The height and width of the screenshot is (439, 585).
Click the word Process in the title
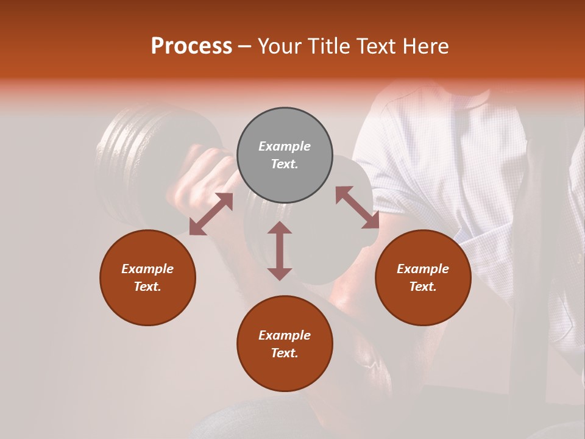pos(191,46)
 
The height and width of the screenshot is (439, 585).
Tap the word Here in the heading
pos(424,46)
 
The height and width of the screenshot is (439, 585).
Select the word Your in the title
pos(280,46)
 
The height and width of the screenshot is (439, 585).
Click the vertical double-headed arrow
pos(280,251)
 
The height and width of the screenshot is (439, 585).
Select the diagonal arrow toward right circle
pos(357,207)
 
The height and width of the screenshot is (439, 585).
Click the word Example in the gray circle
pos(285,146)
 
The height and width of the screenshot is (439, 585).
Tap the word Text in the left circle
pos(147,287)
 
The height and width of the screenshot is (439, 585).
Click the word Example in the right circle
pos(423,269)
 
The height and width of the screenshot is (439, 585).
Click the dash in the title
pos(245,47)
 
